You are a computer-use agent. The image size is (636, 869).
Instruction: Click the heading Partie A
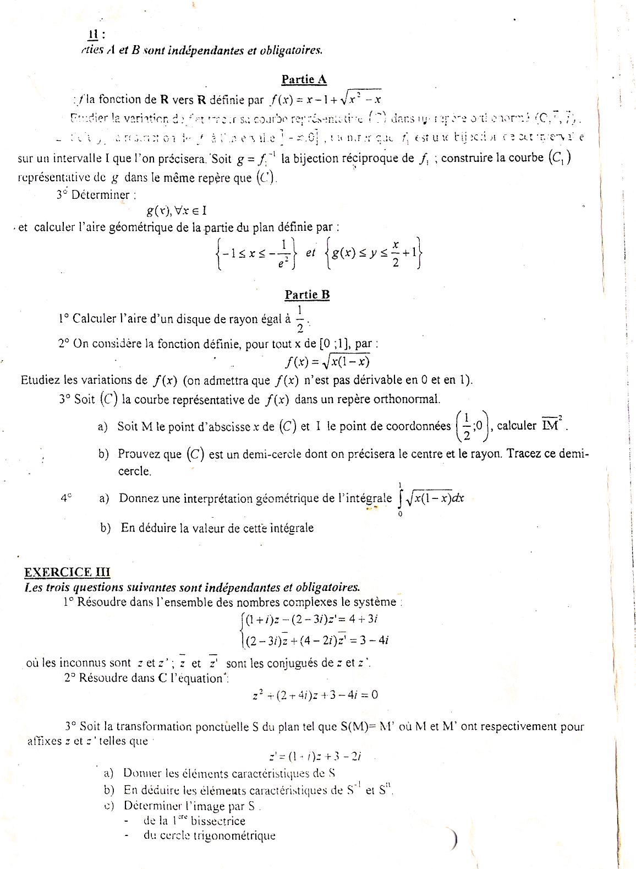pyautogui.click(x=304, y=79)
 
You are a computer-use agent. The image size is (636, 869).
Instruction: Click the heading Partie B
pyautogui.click(x=307, y=295)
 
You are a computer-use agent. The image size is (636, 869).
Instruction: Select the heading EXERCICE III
pyautogui.click(x=68, y=572)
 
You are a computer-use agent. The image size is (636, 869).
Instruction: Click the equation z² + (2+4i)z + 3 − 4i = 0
pyautogui.click(x=315, y=694)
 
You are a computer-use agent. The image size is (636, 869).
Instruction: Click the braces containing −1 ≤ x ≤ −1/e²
pyautogui.click(x=257, y=253)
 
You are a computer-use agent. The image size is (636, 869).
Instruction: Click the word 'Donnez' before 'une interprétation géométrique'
pyautogui.click(x=139, y=498)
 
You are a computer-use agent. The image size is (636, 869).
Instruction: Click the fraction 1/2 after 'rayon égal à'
pyautogui.click(x=300, y=319)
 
